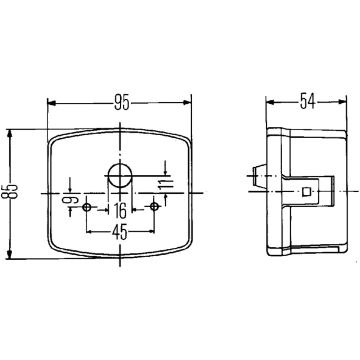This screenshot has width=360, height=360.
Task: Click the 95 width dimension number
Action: (121, 103)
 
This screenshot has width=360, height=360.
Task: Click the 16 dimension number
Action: (120, 211)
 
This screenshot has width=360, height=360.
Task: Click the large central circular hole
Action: (120, 176)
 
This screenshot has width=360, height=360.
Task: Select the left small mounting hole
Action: (86, 207)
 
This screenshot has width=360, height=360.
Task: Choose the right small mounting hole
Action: (154, 207)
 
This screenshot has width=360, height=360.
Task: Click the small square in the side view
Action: (306, 192)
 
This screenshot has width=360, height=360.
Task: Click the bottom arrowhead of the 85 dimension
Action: (10, 253)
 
